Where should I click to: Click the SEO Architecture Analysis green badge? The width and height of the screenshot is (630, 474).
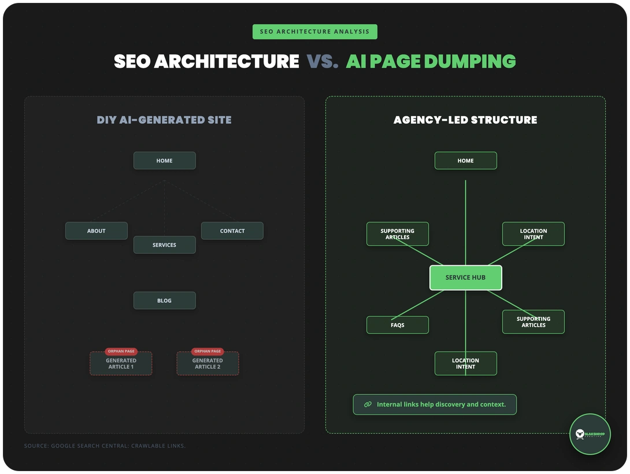click(x=314, y=32)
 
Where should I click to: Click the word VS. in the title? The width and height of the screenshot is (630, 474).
click(x=322, y=61)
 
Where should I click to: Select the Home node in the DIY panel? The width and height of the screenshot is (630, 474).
click(x=164, y=161)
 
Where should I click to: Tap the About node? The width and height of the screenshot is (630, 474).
click(x=96, y=231)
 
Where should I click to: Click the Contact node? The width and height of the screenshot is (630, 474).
click(x=232, y=231)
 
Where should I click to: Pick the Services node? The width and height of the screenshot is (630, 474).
click(x=164, y=245)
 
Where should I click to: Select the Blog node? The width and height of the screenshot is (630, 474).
click(x=164, y=301)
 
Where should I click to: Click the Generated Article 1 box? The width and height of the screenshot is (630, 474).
click(x=121, y=364)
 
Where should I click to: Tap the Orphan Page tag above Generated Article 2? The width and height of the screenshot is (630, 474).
click(x=207, y=351)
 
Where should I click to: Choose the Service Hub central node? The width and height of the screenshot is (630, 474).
click(x=465, y=277)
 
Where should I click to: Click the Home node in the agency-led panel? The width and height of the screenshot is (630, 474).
click(x=465, y=161)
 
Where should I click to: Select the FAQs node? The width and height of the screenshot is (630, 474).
click(x=397, y=325)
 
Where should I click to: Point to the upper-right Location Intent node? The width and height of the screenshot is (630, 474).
click(x=533, y=234)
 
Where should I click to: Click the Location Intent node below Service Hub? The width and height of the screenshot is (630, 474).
click(x=465, y=364)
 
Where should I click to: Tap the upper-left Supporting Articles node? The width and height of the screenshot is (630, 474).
click(x=397, y=234)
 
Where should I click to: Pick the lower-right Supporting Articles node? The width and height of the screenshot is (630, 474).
click(x=533, y=322)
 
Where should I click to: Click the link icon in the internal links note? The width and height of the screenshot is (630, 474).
click(x=368, y=405)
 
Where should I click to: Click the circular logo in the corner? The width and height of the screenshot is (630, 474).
click(x=590, y=434)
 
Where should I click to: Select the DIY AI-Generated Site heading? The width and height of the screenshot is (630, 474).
click(x=164, y=120)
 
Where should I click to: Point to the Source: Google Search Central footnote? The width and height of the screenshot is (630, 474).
click(x=105, y=446)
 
